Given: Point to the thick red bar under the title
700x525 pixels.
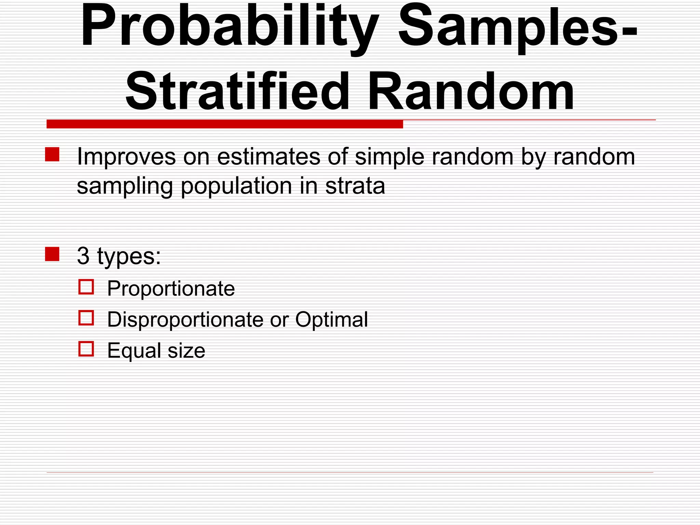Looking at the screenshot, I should (x=225, y=124).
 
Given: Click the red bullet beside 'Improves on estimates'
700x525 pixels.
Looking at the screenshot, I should (x=52, y=154).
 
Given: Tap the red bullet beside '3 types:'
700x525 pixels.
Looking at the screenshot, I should (x=52, y=254).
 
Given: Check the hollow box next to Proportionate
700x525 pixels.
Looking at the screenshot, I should (x=86, y=287).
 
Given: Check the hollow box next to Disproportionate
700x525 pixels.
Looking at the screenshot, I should (x=86, y=318).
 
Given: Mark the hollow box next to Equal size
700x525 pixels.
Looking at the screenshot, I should (x=86, y=349).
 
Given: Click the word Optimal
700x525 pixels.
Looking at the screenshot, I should (x=332, y=320).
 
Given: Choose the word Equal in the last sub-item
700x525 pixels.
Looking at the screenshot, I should (x=134, y=351).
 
